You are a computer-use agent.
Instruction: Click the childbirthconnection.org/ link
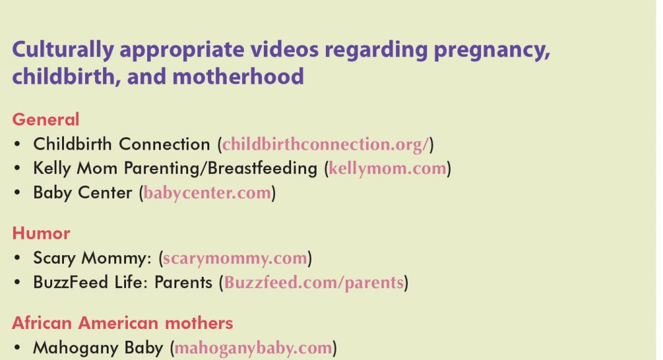coord(325,145)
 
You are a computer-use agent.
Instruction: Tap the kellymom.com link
coord(387,169)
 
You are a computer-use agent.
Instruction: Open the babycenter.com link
coord(207,193)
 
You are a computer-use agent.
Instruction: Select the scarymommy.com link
coord(235,258)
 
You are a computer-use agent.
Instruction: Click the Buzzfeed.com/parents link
coord(313,282)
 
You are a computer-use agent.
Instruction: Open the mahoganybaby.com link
coord(253,348)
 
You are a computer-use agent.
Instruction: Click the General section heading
coord(46,120)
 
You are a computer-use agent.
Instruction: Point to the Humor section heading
coord(41,233)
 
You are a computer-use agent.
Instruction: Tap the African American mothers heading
coord(123,323)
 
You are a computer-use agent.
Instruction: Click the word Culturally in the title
coord(63,50)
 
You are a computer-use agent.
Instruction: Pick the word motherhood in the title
coord(238,77)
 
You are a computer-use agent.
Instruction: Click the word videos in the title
coord(284,50)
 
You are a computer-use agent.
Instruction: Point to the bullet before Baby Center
coord(17,193)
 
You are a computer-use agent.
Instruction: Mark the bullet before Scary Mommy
coord(17,258)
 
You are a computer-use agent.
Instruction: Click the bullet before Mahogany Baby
coord(17,348)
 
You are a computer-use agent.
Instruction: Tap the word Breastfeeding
coord(262,168)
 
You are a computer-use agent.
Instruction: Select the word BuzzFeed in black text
coord(71,282)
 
